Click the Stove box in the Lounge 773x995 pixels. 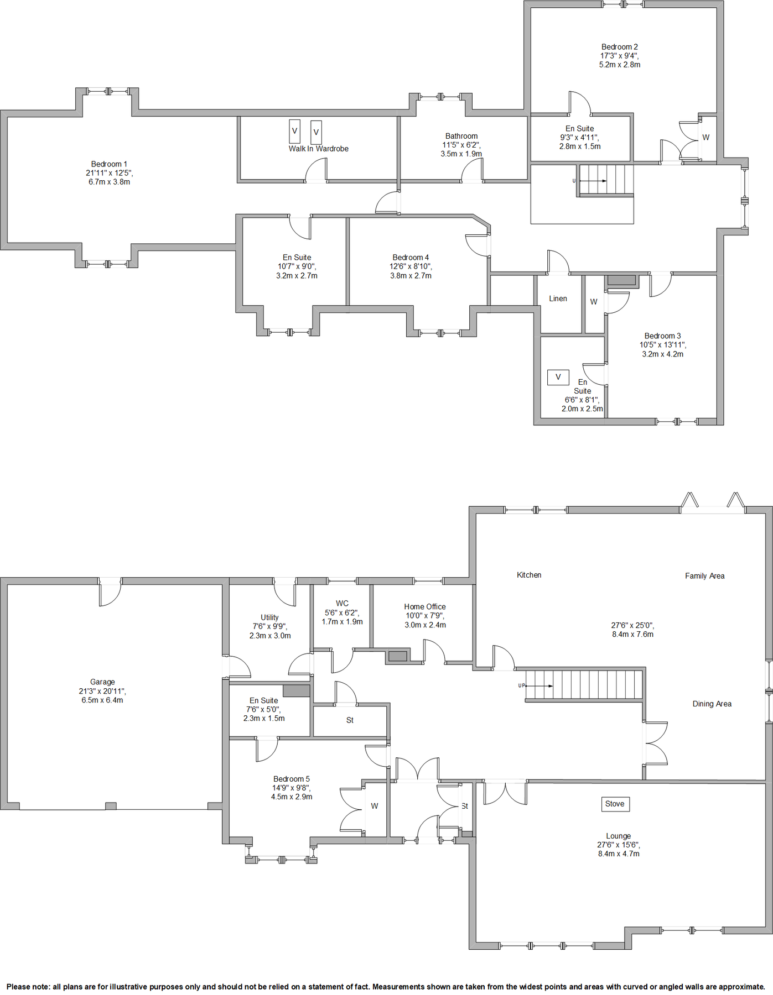pos(615,804)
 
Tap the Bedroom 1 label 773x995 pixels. pos(109,164)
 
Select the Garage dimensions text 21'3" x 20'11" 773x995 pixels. pos(102,691)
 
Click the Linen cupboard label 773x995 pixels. pos(558,298)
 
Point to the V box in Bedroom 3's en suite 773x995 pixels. pos(558,377)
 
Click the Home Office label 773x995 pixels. pos(424,606)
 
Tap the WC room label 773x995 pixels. pos(342,604)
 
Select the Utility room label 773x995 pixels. pos(269,617)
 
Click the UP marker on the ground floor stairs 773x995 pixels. pos(521,685)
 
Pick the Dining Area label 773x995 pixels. pos(712,704)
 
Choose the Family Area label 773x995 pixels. pos(704,576)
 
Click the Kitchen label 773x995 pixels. pos(529,575)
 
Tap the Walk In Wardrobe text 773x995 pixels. pos(318,149)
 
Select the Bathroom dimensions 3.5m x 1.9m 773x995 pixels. pos(461,154)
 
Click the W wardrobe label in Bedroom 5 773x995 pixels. pos(375,806)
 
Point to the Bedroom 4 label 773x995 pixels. pos(411,258)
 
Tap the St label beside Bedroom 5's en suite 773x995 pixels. pos(350,720)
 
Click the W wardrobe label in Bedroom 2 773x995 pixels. pos(705,137)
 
